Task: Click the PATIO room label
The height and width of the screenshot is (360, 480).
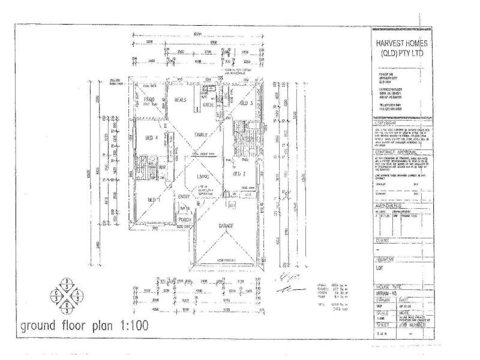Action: tap(149, 100)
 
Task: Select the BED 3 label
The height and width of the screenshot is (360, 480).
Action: tap(245, 103)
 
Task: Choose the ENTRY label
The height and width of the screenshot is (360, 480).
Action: tap(184, 196)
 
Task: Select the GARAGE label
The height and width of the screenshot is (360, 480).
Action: tap(227, 226)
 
